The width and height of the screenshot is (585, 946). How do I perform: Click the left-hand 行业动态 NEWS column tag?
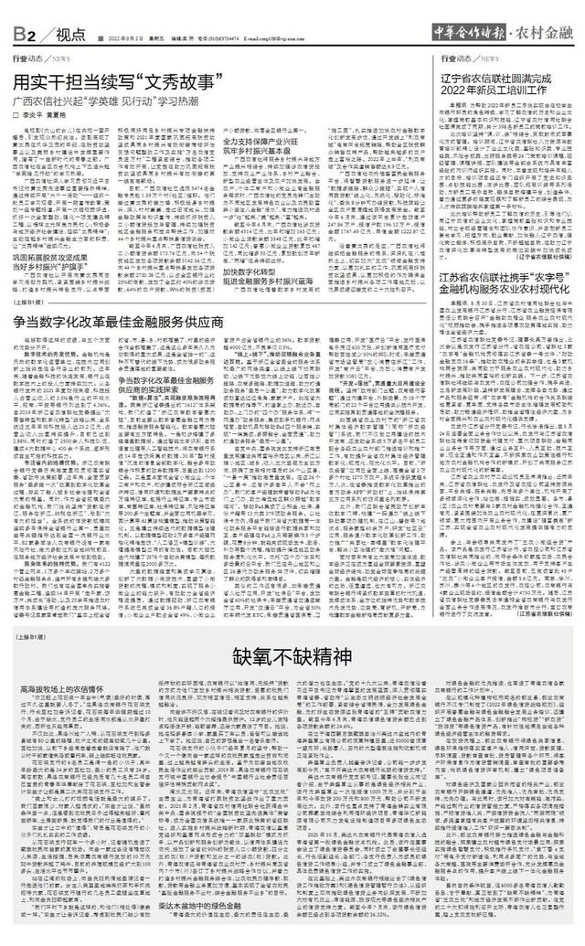tap(37, 57)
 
